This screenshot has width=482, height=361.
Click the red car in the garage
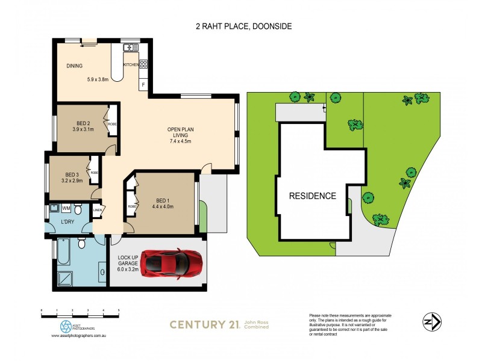pos(170,262)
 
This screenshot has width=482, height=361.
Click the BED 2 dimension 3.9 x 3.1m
pos(83,129)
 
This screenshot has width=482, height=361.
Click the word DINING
pos(74,66)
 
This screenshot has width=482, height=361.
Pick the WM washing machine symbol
pos(66,208)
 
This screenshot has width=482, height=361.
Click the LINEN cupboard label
pos(98,210)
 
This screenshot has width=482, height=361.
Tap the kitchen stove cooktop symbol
pos(143,64)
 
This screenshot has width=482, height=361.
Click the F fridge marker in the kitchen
pos(143,85)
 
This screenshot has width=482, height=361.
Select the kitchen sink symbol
pos(130,48)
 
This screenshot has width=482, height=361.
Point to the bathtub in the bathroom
pos(63,251)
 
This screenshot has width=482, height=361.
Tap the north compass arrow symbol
pos(428,321)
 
